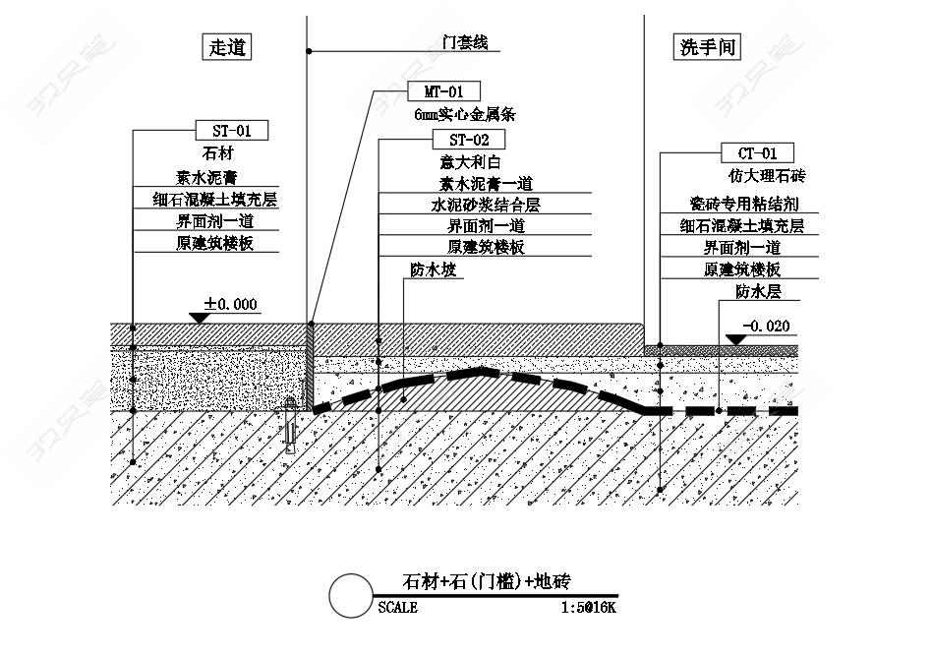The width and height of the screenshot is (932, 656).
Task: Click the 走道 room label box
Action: [x=227, y=47]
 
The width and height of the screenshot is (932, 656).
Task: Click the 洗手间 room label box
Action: [x=707, y=47]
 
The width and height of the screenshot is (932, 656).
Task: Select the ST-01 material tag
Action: [x=232, y=130]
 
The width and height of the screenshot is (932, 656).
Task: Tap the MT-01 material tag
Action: [x=443, y=91]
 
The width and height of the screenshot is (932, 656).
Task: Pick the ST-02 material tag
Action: [x=469, y=140]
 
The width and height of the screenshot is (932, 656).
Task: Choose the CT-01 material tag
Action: [x=757, y=152]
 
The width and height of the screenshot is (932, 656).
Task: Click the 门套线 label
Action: [x=465, y=42]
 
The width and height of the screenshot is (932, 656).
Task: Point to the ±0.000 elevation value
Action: [x=231, y=304]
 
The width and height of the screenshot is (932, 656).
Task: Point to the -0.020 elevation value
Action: [x=767, y=326]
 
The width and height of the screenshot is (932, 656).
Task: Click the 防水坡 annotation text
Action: [x=434, y=269]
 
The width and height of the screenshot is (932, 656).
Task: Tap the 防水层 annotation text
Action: [x=758, y=291]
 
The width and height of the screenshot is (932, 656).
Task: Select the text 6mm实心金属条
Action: [x=465, y=114]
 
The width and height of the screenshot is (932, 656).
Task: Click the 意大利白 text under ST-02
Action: [x=470, y=161]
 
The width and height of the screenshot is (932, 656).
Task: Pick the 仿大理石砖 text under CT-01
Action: [x=767, y=175]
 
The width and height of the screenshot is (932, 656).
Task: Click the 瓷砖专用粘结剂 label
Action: [x=744, y=204]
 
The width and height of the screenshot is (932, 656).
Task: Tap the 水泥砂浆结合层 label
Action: [x=486, y=206]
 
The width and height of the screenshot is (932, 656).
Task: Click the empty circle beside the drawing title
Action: [x=351, y=595]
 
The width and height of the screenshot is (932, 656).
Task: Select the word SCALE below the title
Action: [x=397, y=607]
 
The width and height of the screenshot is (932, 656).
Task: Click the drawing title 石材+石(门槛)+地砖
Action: [x=487, y=581]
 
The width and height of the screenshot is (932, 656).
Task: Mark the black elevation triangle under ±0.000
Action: [x=199, y=319]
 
